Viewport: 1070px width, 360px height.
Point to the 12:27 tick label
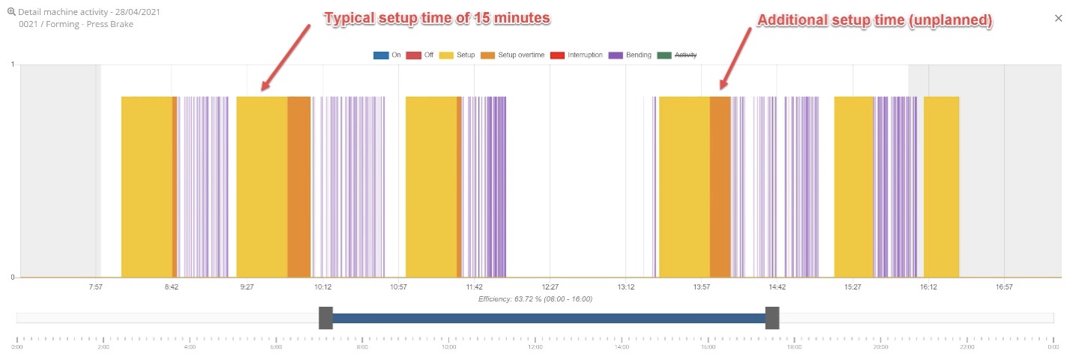pyautogui.click(x=550, y=286)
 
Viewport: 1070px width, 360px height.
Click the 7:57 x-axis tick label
pyautogui.click(x=95, y=286)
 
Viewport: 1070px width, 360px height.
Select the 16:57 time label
pyautogui.click(x=1004, y=286)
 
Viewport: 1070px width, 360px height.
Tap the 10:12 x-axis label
pyautogui.click(x=323, y=286)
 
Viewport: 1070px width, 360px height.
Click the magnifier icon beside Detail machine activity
pyautogui.click(x=11, y=12)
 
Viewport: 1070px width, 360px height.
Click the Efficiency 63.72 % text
pyautogui.click(x=535, y=298)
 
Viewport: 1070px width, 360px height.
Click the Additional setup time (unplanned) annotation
pyautogui.click(x=875, y=21)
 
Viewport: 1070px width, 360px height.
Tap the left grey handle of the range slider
pyautogui.click(x=325, y=318)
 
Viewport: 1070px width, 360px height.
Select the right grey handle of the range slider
pyautogui.click(x=772, y=318)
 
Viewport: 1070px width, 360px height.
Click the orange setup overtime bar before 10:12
pyautogui.click(x=299, y=186)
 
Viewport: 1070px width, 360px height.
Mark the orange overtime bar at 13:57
pyautogui.click(x=720, y=186)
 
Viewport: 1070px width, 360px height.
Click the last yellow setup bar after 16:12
pyautogui.click(x=941, y=186)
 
